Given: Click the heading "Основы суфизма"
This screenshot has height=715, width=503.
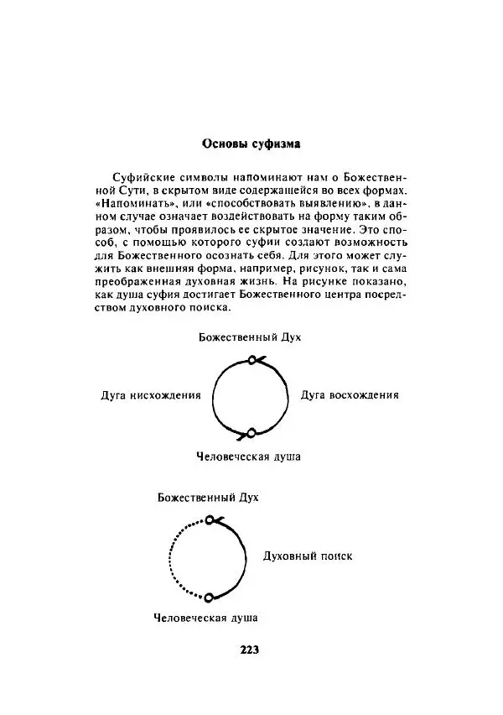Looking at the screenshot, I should click(x=251, y=144).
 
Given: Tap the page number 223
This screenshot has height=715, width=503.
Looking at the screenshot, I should click(x=251, y=650).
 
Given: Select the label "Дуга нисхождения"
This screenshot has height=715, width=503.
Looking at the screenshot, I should click(x=151, y=395).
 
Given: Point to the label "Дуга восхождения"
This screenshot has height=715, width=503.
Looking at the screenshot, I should click(x=350, y=394).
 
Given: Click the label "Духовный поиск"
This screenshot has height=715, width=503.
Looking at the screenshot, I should click(x=308, y=556).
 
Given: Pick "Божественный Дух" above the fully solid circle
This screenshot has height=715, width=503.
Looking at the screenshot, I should click(x=249, y=337).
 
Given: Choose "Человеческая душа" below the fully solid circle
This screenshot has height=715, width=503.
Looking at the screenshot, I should click(x=248, y=457).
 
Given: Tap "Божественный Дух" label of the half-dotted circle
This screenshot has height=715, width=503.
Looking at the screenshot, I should click(x=208, y=498).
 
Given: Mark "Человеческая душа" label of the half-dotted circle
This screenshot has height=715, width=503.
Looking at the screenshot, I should click(x=205, y=618).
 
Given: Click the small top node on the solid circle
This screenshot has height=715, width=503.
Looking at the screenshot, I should click(x=251, y=360).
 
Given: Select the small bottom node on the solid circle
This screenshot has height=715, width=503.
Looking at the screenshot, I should click(x=251, y=433).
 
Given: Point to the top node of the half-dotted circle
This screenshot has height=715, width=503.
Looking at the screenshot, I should click(x=209, y=520).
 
